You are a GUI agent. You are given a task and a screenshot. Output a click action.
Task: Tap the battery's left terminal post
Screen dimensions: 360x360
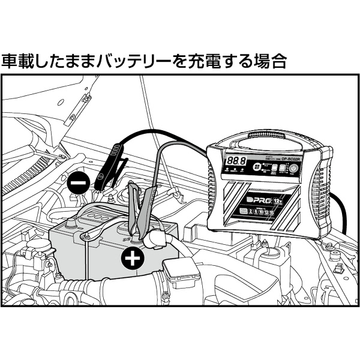71,226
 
